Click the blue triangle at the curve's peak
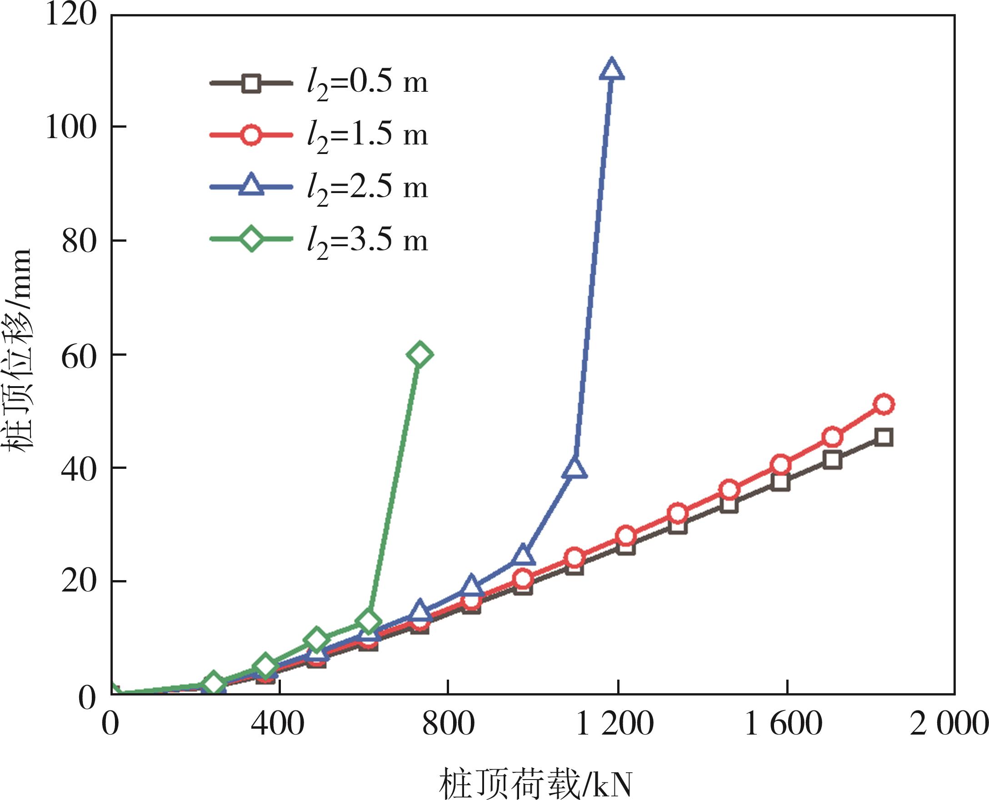tap(611, 70)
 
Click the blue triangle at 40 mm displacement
tap(574, 469)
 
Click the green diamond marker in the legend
tap(251, 239)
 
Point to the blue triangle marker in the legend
tap(251, 185)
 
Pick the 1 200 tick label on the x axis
tap(614, 724)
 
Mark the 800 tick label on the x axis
tap(448, 724)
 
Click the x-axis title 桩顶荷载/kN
tap(535, 784)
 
